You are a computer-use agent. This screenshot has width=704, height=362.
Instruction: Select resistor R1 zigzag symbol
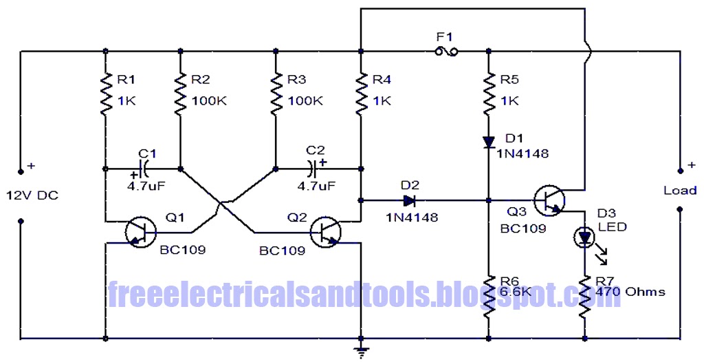click(105, 95)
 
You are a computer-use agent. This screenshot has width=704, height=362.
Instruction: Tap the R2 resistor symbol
click(180, 95)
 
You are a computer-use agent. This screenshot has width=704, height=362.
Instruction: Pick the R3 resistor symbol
click(276, 95)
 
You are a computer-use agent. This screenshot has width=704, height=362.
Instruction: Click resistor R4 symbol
click(360, 95)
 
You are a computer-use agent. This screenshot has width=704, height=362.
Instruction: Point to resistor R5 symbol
click(488, 95)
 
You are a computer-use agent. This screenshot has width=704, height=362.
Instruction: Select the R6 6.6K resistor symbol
click(488, 296)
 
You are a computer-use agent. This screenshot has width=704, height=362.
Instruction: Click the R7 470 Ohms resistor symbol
click(585, 296)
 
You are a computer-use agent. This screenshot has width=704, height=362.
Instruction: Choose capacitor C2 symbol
click(313, 167)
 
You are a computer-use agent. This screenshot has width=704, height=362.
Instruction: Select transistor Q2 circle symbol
click(324, 233)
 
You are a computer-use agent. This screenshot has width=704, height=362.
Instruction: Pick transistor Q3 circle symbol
click(549, 200)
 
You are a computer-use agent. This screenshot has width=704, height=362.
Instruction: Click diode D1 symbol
click(488, 142)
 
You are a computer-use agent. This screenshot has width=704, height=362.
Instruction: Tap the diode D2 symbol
click(410, 200)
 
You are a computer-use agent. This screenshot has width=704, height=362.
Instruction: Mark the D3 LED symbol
click(584, 238)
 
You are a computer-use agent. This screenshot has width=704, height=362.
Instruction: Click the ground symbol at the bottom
click(360, 351)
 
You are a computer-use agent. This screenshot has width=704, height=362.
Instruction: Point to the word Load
click(679, 190)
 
